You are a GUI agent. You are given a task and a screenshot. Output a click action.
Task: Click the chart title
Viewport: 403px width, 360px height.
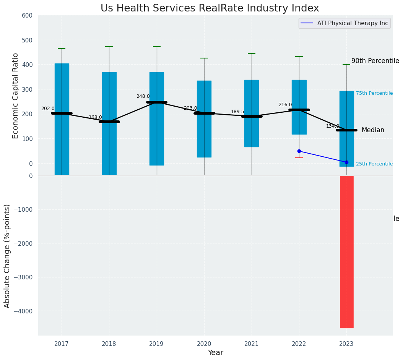[210, 8]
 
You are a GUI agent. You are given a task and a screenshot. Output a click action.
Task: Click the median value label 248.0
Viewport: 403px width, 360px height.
[143, 96]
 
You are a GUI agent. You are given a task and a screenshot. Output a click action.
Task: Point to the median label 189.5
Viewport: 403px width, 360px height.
[237, 112]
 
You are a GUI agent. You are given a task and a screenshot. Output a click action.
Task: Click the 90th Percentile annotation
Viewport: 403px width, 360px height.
[375, 61]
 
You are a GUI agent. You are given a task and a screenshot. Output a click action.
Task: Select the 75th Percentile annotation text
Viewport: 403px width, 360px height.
[374, 93]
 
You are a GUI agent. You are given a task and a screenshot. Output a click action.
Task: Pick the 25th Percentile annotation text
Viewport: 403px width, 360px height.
[374, 164]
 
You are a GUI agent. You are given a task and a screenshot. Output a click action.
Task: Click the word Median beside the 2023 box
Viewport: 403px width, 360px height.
[373, 130]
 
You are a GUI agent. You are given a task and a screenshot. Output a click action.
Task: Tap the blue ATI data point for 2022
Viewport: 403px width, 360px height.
[299, 151]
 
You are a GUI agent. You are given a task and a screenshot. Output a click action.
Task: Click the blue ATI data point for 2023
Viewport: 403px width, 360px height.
[346, 162]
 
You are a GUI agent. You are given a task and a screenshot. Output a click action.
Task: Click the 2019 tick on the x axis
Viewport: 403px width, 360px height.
[156, 344]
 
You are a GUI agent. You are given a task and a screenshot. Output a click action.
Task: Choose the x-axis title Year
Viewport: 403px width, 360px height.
[215, 353]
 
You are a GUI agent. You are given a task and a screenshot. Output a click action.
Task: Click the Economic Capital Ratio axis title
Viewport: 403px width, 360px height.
[16, 96]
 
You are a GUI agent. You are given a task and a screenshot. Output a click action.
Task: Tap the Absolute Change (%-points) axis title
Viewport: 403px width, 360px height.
[7, 256]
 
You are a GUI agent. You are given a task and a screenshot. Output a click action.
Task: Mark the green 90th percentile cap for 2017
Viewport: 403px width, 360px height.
[62, 49]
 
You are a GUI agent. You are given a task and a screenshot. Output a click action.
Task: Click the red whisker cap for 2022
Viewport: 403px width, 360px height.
[299, 158]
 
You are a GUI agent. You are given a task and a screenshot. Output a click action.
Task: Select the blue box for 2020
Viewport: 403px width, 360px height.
[204, 119]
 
